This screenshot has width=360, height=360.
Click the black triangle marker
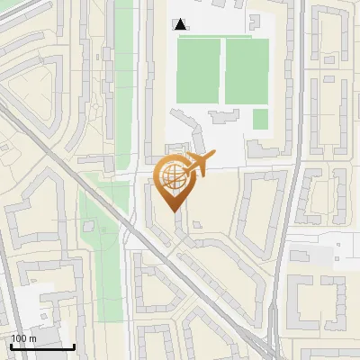click(x=181, y=24)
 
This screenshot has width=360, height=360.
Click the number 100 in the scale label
click(x=19, y=337)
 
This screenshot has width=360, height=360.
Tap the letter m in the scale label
click(x=32, y=337)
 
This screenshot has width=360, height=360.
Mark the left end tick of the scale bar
click(x=11, y=346)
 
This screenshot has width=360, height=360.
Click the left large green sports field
click(x=199, y=71)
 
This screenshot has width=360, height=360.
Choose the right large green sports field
click(x=247, y=71)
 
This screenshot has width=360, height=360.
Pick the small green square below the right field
click(x=260, y=119)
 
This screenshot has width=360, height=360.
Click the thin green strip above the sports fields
click(x=221, y=37)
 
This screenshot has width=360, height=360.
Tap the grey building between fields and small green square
click(x=220, y=115)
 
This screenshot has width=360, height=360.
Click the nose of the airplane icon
click(x=215, y=156)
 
